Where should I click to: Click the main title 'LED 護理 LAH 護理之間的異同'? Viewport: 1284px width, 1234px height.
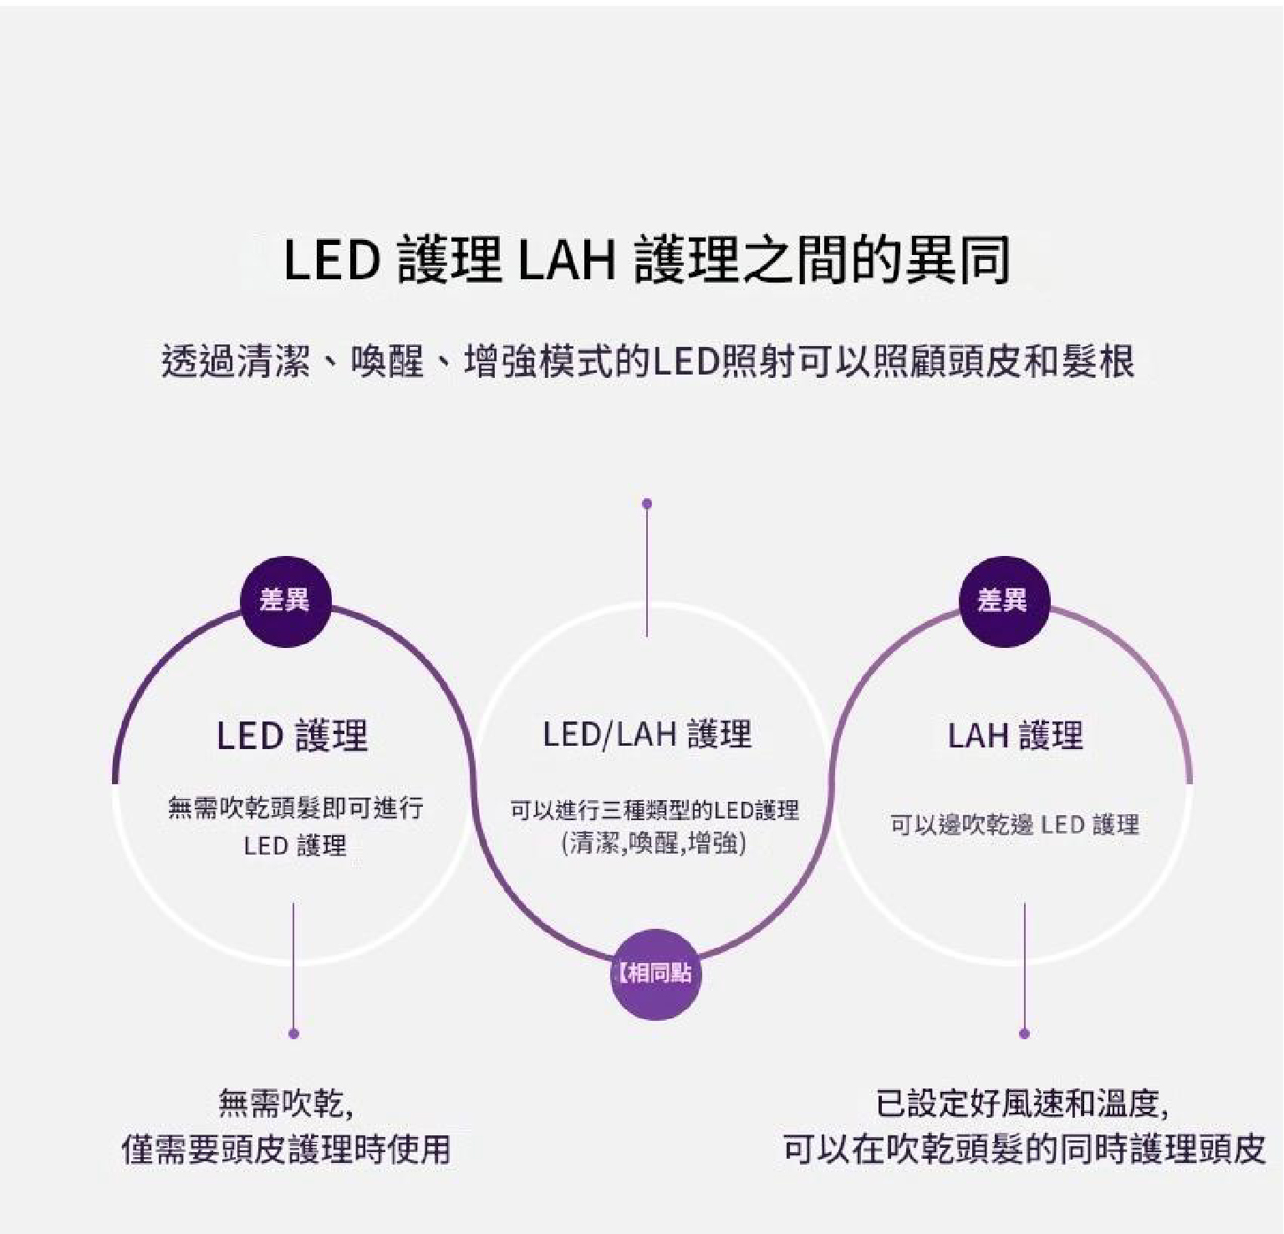(x=647, y=259)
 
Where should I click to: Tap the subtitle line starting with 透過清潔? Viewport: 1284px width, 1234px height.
(x=647, y=362)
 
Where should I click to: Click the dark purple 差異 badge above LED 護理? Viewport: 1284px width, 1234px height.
(x=285, y=600)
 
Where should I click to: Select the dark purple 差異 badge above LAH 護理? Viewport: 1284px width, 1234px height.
(x=1002, y=600)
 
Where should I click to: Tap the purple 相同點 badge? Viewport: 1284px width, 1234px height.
(x=655, y=973)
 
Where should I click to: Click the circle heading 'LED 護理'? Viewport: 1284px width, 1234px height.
(x=292, y=736)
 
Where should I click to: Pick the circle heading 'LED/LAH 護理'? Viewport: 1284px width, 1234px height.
(x=647, y=734)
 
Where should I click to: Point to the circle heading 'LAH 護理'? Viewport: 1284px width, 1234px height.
(x=1015, y=736)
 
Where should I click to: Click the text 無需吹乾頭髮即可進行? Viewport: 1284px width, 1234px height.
(x=295, y=808)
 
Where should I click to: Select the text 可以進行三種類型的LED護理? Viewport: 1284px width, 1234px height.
(x=655, y=809)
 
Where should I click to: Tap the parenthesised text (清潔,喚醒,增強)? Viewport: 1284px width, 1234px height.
(x=655, y=843)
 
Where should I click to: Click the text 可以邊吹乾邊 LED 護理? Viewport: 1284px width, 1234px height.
(x=1014, y=825)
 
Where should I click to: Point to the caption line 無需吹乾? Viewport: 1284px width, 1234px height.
(x=286, y=1104)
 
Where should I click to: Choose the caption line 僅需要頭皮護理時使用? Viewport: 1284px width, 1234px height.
(x=286, y=1150)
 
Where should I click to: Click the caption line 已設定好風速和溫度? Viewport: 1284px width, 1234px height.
(x=1022, y=1104)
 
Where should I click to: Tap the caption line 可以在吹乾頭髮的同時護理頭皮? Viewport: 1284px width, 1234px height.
(x=1024, y=1150)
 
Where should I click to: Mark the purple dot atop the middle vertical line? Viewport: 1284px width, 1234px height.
(x=647, y=503)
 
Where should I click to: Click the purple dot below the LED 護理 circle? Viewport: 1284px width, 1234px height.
(x=293, y=1033)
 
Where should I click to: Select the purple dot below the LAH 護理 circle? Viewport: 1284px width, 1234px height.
(x=1025, y=1033)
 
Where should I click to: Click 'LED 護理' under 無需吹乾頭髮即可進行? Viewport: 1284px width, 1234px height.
(x=295, y=846)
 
